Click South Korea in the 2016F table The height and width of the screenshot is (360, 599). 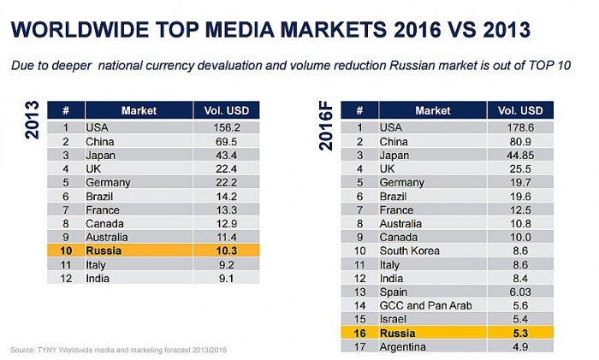412,251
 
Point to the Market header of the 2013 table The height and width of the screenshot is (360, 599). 139,110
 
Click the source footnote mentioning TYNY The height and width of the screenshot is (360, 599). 120,350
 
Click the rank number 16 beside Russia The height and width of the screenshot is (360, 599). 360,331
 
